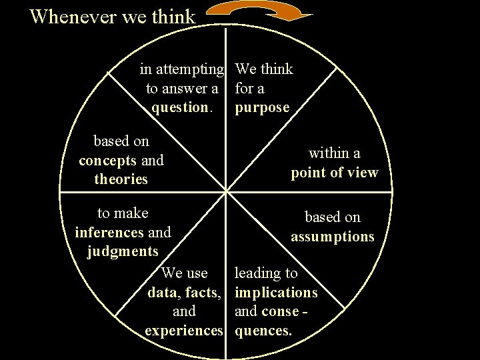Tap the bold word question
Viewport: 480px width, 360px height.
pos(180,107)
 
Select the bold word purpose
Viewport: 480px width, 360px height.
pos(262,107)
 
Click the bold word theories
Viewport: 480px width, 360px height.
pos(121,179)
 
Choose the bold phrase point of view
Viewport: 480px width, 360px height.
pos(334,173)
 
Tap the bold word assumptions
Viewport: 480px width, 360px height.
pos(332,236)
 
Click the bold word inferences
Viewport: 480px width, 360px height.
pos(109,232)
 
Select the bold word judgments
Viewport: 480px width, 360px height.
pos(123,251)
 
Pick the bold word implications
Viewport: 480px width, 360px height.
pos(276,292)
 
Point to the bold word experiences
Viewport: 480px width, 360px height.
pos(183,330)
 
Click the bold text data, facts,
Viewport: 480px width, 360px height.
pos(184,292)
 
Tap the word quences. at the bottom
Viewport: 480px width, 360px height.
pos(263,330)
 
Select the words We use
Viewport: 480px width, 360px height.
pos(185,273)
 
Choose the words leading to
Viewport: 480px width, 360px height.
pos(266,273)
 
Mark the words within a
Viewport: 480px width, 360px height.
pos(334,153)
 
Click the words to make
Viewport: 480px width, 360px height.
pos(123,213)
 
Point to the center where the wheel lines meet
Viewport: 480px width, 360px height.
pos(227,192)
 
